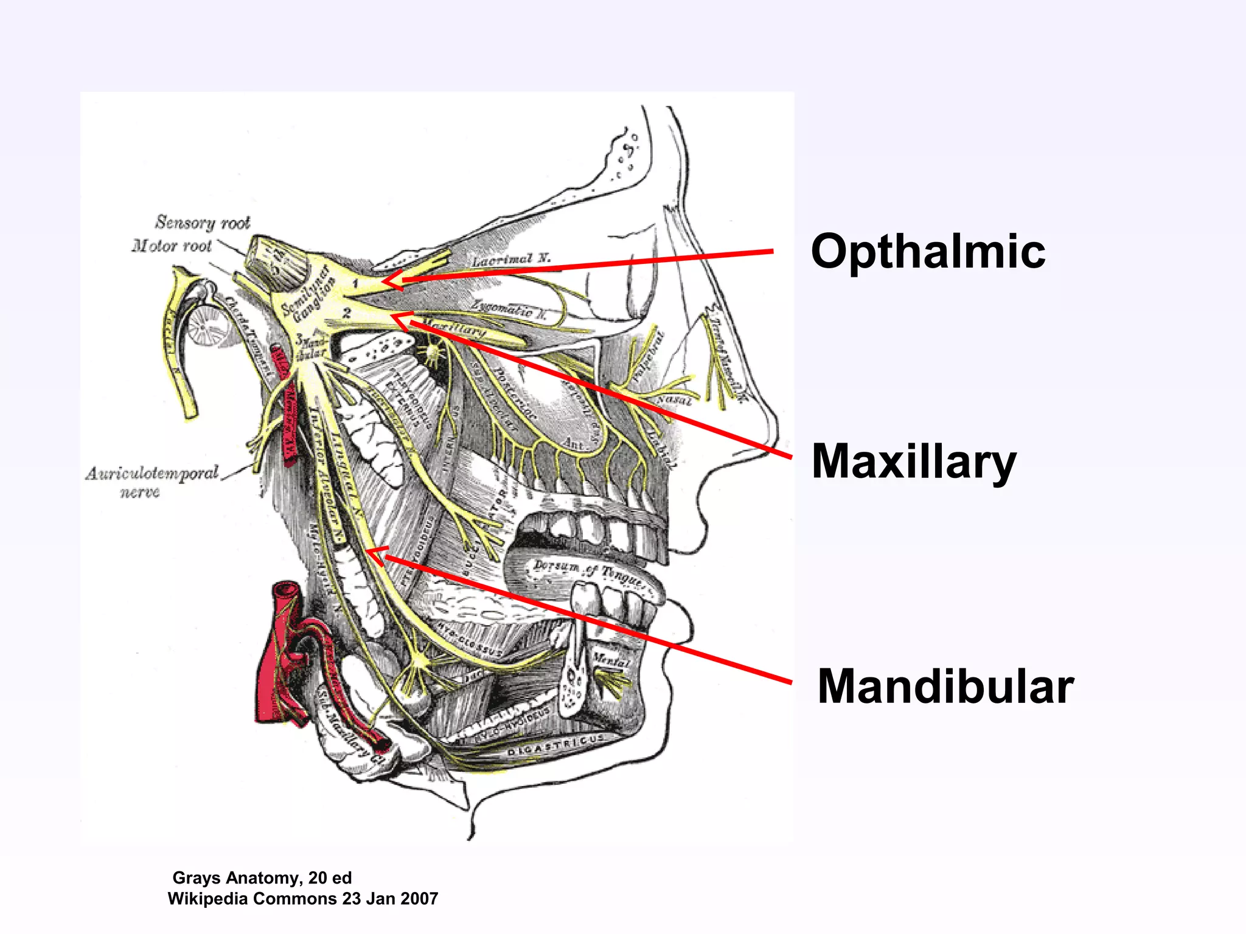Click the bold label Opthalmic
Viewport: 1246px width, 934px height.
point(928,252)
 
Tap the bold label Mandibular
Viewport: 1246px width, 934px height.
point(945,687)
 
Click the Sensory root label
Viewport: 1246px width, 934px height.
point(203,223)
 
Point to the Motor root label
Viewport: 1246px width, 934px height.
point(172,246)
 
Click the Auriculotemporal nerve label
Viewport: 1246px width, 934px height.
point(151,480)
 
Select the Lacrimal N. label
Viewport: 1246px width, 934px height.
point(511,260)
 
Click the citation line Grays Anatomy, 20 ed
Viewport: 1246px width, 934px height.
point(262,877)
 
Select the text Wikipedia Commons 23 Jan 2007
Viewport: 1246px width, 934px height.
point(303,898)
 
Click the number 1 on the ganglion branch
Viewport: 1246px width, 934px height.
point(356,284)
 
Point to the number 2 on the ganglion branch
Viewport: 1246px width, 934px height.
point(346,313)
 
